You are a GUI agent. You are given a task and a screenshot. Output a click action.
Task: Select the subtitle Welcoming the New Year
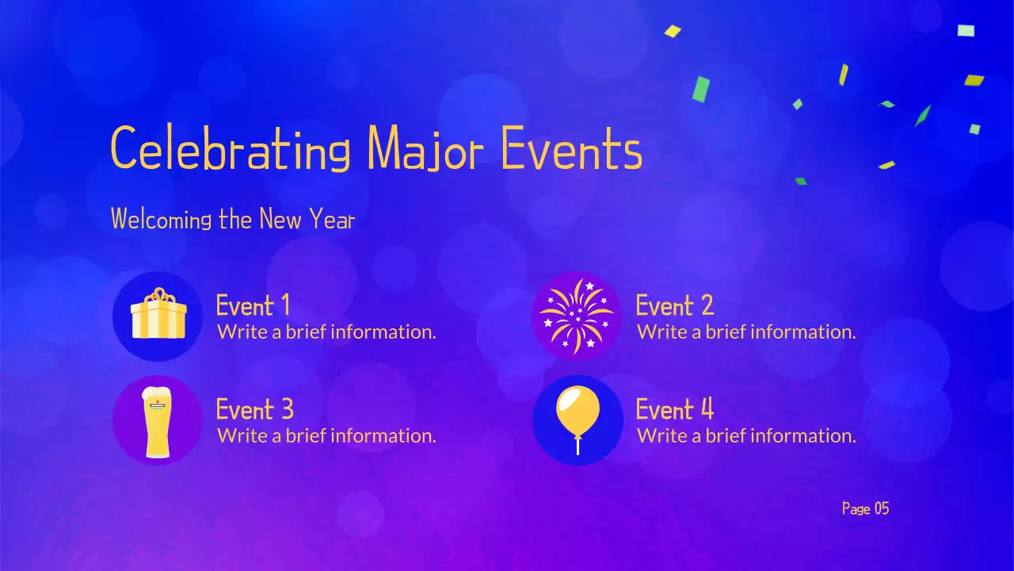(232, 219)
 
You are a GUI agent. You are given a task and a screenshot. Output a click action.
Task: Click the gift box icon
(158, 316)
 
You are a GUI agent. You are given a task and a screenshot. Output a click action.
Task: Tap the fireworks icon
(577, 316)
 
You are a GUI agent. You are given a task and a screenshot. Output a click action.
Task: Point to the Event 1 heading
(253, 305)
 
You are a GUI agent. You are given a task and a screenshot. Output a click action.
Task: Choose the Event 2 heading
(674, 305)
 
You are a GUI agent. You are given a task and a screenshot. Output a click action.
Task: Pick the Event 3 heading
(254, 410)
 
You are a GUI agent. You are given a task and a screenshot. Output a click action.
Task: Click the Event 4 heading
(674, 410)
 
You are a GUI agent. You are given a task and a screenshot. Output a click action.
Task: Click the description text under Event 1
(326, 331)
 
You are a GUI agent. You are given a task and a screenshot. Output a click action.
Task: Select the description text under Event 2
(746, 331)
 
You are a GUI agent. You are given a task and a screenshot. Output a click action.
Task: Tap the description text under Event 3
(326, 435)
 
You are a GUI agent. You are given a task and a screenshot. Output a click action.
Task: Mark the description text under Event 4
(746, 435)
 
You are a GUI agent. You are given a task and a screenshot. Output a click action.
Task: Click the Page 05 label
(865, 508)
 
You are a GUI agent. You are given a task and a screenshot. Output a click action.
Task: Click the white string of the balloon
(578, 446)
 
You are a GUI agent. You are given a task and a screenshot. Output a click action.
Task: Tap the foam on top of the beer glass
(157, 394)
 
